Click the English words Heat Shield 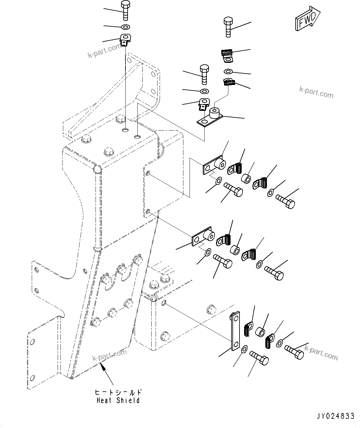click(x=118, y=401)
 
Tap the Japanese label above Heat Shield click(x=118, y=393)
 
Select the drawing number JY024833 click(x=335, y=417)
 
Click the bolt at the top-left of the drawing click(x=126, y=10)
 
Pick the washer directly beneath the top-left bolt click(x=126, y=26)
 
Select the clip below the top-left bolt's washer click(x=125, y=40)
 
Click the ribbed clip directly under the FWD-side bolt click(x=227, y=55)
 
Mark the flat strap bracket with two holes click(x=235, y=331)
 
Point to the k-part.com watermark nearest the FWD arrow click(x=316, y=92)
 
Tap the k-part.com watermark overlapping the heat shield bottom click(x=109, y=355)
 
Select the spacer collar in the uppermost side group click(x=246, y=178)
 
